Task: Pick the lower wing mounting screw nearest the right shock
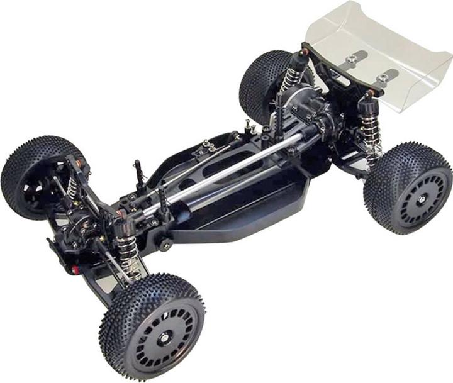point(382,78)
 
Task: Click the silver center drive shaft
point(239,170)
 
